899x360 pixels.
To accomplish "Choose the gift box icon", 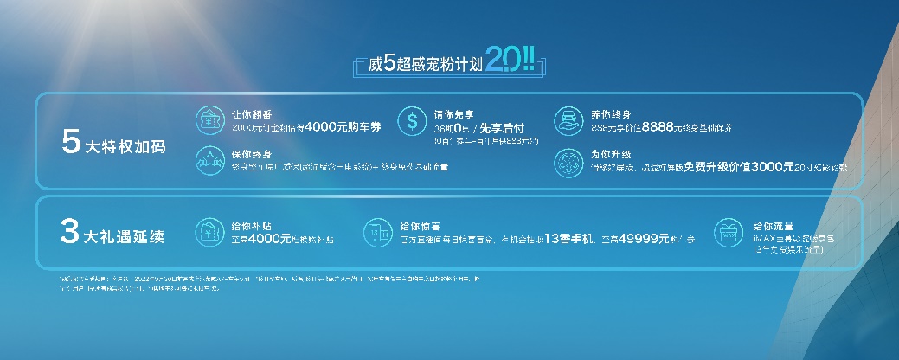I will tap(728, 233).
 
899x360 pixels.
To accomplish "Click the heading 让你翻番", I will tap(250, 113).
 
